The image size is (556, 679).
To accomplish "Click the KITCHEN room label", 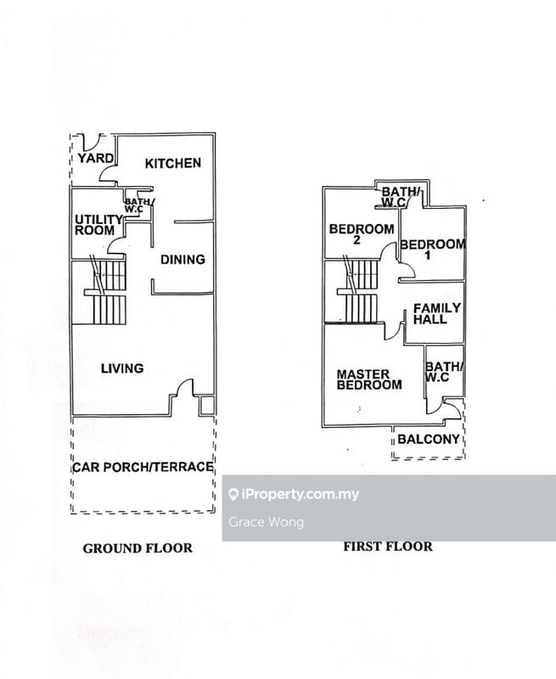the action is (x=173, y=163).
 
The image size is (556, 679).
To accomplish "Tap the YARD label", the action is (x=96, y=158).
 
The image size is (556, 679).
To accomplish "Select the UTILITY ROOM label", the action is (x=98, y=225).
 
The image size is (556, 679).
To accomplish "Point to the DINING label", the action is (x=183, y=260).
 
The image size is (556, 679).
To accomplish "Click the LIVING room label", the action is (x=122, y=368).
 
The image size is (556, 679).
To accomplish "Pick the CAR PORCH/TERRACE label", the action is (x=143, y=467).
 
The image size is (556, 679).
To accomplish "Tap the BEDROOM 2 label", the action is (x=361, y=234).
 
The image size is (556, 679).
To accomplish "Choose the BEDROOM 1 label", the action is (x=433, y=250).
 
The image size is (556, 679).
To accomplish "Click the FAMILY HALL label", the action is (x=436, y=313).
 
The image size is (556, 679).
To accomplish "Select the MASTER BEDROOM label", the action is (x=369, y=379).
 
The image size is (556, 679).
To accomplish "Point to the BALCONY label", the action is (x=429, y=439).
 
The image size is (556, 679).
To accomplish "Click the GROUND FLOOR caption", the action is (x=138, y=548).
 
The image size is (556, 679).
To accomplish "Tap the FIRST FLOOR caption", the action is (x=388, y=547).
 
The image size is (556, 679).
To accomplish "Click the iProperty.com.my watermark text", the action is (x=294, y=494).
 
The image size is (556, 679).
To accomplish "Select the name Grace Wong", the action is (x=266, y=522).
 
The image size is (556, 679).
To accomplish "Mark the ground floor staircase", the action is (x=105, y=292).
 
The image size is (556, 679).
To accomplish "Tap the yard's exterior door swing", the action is (x=93, y=142).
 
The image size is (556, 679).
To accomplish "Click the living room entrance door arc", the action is (x=185, y=386).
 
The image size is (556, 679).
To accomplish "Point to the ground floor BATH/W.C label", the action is (x=139, y=205).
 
